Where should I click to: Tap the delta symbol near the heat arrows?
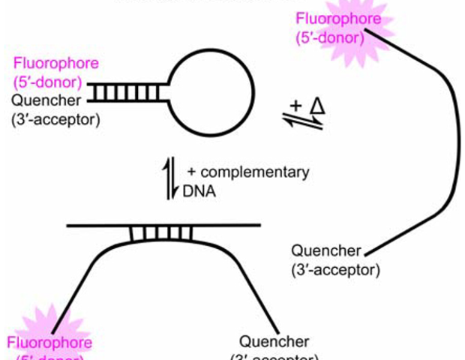[x=317, y=106]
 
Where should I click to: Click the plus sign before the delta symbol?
[x=295, y=106]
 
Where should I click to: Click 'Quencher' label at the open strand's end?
[x=327, y=250]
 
